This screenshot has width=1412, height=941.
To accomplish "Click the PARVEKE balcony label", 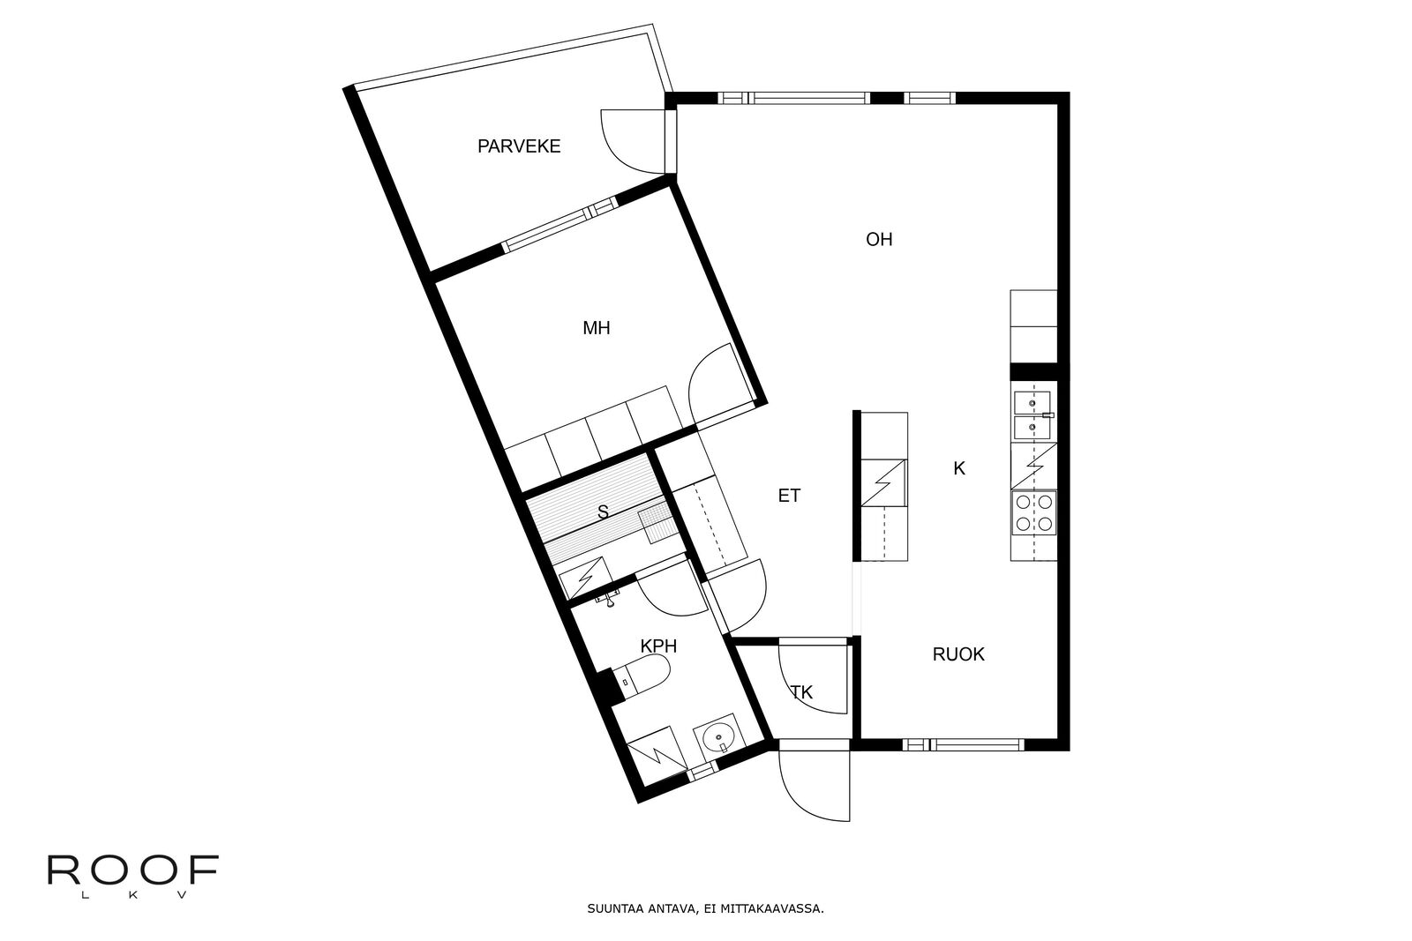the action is [519, 146].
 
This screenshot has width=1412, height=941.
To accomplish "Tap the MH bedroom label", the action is [597, 328].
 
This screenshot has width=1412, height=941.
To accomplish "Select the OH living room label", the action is [879, 239].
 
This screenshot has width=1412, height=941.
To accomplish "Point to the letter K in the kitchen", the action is [958, 468].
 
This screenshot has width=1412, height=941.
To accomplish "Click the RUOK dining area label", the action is [958, 654].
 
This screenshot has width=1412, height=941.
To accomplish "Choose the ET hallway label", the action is [789, 496].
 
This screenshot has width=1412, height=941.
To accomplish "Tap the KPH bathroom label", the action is [658, 646].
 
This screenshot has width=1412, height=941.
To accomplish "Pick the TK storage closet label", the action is [802, 692].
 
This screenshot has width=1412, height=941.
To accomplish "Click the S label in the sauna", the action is [603, 512].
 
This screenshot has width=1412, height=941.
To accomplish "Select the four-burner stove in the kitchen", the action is [1033, 512].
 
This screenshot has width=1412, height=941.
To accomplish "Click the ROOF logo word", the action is [133, 870].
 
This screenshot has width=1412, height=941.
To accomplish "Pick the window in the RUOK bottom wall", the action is [963, 744].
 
